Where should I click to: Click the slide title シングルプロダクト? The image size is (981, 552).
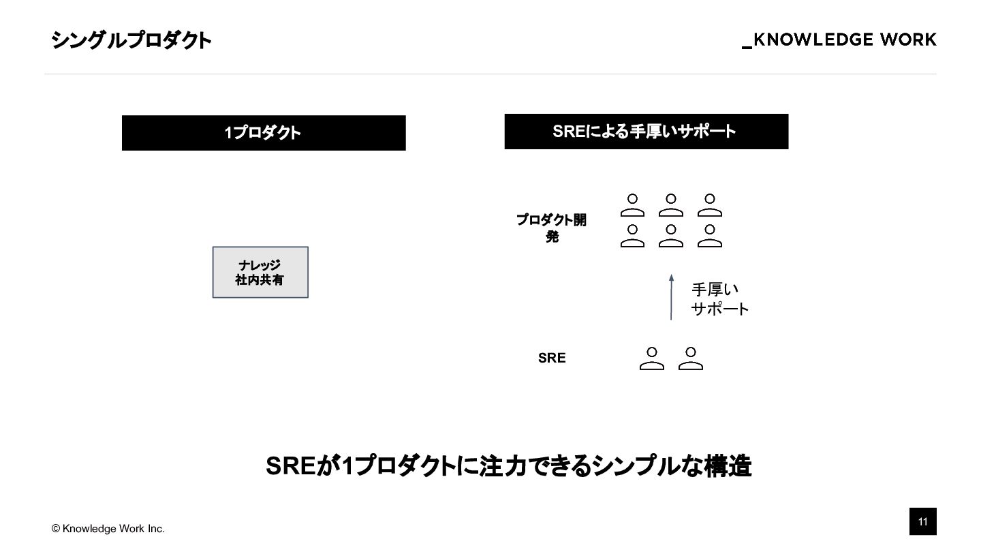131,40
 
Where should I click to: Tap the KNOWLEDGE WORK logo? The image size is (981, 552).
839,40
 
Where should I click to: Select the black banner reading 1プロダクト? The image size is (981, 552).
264,133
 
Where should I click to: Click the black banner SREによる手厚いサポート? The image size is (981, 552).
646,132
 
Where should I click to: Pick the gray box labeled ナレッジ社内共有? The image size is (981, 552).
260,272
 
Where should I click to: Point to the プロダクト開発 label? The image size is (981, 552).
551,228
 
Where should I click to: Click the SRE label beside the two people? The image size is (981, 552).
552,358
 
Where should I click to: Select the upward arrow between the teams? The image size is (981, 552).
671,297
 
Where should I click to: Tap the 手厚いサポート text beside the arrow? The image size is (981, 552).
719,299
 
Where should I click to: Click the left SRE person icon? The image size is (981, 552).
652,358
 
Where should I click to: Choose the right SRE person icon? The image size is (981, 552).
691,358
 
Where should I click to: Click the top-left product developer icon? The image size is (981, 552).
632,205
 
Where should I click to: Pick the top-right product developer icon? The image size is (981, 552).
710,205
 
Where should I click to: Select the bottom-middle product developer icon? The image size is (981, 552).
671,236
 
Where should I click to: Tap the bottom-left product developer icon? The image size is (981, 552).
632,236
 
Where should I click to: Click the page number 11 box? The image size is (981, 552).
922,522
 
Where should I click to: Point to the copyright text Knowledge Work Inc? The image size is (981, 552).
108,529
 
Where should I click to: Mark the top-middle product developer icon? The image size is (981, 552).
671,205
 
